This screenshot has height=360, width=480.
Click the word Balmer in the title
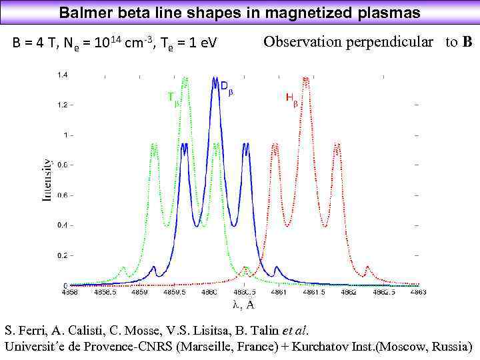point(81,13)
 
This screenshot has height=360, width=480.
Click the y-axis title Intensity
point(47,179)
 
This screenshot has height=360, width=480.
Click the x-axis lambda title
point(243,305)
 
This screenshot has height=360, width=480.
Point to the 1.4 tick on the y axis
point(61,75)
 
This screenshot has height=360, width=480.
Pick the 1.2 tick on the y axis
point(61,105)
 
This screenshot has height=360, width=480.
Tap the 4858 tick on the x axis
point(70,292)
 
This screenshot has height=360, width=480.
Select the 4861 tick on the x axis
point(279,292)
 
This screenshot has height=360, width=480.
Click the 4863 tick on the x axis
point(418,292)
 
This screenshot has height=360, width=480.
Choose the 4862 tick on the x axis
point(348,292)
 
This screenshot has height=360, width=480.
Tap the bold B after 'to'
point(467,42)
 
